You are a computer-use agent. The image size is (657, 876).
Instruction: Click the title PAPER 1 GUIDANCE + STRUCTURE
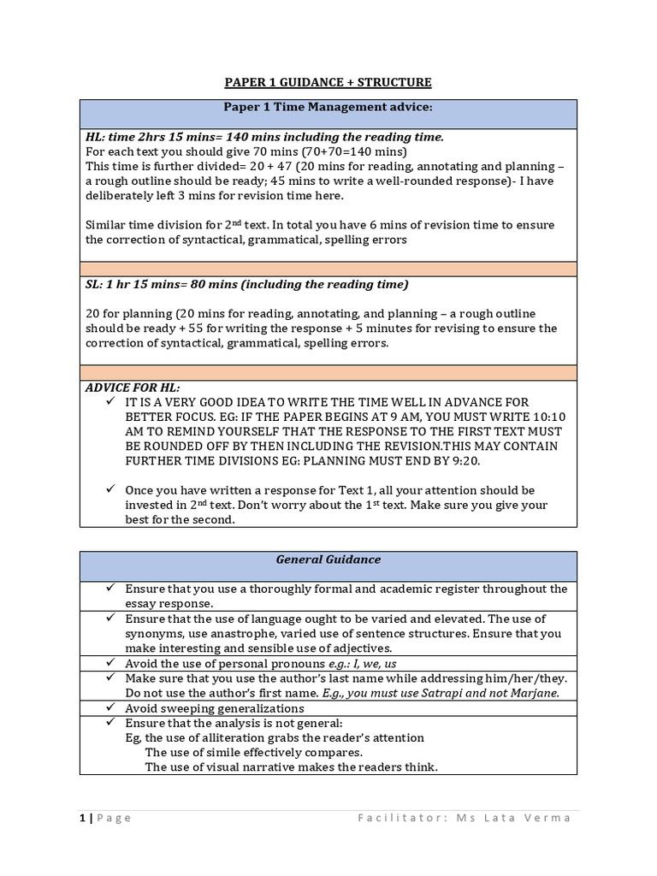tap(328, 82)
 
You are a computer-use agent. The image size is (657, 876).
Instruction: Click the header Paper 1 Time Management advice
tap(328, 108)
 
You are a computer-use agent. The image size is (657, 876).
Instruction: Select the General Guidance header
tap(328, 559)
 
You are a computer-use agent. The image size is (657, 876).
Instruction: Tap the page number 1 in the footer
tap(81, 818)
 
